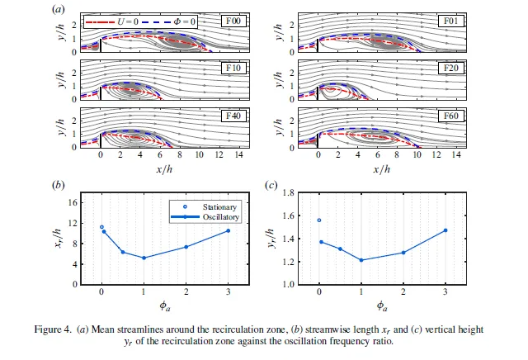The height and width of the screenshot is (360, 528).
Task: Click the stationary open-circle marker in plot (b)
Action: (101, 227)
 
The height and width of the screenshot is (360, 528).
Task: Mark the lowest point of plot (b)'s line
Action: (144, 258)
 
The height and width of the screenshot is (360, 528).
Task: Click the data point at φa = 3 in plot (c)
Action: (445, 230)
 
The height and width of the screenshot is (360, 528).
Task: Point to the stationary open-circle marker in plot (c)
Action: (319, 220)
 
